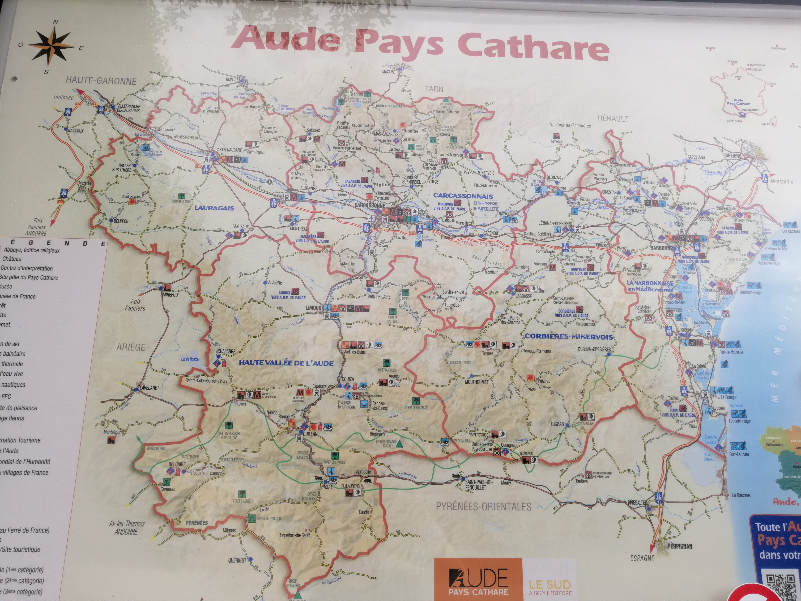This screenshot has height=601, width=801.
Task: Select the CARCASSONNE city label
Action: point(369,205)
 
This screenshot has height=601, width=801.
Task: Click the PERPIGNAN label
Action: point(680,546)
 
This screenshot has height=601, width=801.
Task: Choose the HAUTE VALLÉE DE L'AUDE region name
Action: point(286,363)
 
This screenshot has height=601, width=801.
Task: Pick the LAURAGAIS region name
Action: point(214,208)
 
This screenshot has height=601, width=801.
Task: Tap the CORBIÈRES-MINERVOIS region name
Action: point(569,336)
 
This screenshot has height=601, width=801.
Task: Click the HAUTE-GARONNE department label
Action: point(101,81)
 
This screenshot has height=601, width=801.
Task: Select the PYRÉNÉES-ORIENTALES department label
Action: point(483,506)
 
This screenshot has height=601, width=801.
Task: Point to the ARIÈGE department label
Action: point(131,347)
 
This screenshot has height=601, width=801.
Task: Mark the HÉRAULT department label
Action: point(613,118)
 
